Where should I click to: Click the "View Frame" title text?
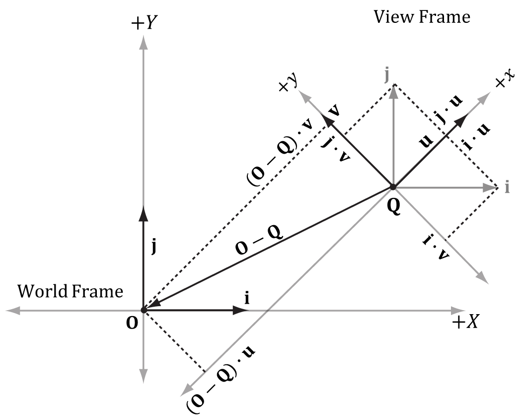coord(422,17)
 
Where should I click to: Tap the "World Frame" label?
coord(70,291)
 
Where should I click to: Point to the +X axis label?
coord(465,323)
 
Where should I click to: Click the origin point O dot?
coord(144,310)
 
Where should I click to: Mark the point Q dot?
coord(393,187)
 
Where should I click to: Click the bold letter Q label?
coord(394,206)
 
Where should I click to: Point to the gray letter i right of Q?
coord(507,187)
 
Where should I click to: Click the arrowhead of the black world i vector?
coord(242,310)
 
